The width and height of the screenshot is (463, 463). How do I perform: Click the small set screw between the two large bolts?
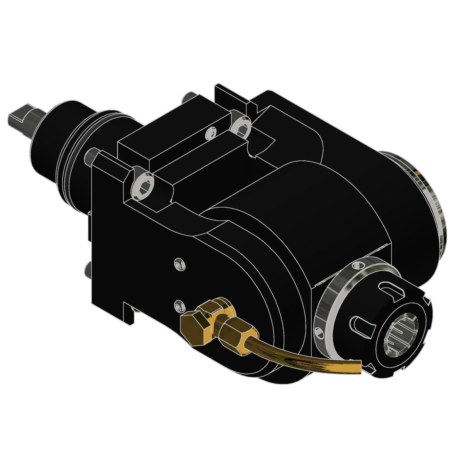[210, 133]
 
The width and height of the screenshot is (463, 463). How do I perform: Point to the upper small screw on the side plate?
[179, 264]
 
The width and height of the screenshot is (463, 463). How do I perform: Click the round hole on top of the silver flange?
[358, 266]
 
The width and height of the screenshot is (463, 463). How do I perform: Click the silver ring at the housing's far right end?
[432, 193]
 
